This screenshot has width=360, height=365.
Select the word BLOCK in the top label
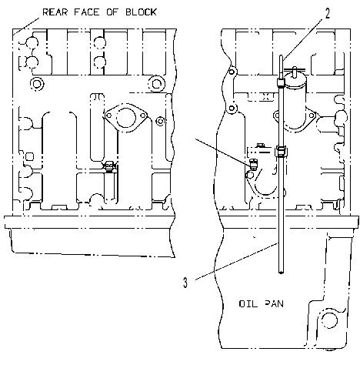click(x=141, y=12)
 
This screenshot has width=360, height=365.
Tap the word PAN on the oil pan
click(x=274, y=304)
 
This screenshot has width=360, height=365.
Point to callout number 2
click(x=328, y=13)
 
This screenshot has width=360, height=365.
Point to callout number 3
click(x=185, y=283)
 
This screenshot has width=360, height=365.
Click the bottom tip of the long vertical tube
click(x=281, y=273)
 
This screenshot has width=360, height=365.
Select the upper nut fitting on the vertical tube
click(x=281, y=82)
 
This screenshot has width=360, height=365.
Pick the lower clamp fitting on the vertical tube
click(x=281, y=152)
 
